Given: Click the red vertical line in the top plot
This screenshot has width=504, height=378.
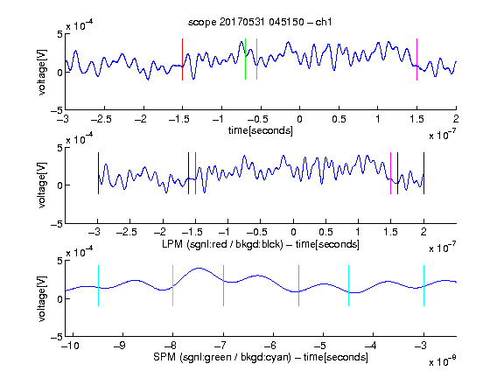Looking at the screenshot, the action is (182, 59).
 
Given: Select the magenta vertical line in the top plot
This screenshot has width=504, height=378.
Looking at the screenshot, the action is (416, 59).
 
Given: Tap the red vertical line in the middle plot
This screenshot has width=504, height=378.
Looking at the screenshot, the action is (195, 173).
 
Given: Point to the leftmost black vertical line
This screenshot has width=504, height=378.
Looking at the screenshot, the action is (98, 173).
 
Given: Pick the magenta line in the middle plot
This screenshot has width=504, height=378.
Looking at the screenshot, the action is (390, 173).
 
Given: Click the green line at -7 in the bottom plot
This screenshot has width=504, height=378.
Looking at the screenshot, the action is (223, 285).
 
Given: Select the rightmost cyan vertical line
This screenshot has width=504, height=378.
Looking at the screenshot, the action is (423, 285).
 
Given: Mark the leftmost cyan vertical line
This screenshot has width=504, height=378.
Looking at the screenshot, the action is (98, 285).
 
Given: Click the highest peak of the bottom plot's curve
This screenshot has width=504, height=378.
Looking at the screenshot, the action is (199, 268).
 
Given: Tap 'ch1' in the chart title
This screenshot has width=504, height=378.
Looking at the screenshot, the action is (324, 22).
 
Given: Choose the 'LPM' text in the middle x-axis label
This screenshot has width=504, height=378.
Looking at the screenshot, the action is (172, 244).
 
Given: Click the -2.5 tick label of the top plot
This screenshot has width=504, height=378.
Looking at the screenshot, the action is (101, 119).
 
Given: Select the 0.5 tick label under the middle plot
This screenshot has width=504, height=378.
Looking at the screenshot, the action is (325, 232).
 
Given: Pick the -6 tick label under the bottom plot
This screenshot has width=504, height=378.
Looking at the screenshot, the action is (270, 346).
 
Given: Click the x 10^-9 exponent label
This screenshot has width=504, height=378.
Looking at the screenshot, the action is (443, 361).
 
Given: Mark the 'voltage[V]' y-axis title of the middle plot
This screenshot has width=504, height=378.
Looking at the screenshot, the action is (42, 185).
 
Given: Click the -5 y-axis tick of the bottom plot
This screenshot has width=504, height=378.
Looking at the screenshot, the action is (56, 337).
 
